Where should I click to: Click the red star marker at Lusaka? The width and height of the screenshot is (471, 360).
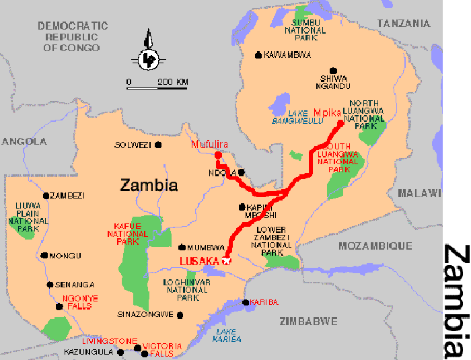coord(226,261)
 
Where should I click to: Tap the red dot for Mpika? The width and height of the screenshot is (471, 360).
coord(340,123)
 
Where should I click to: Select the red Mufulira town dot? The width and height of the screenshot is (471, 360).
coord(217,155)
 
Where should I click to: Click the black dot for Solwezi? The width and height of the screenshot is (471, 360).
coord(159,145)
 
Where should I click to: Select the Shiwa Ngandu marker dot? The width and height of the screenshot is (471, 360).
coord(333,70)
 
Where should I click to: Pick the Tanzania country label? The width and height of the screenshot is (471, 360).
coord(404,24)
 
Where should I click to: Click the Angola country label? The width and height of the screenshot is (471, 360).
coord(24,141)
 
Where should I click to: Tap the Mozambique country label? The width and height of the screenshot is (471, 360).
coord(375,246)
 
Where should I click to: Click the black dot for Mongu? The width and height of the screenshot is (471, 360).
coord(44,256)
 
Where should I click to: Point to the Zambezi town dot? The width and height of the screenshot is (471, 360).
coord(46,196)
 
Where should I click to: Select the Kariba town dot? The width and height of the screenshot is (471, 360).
coord(246,303)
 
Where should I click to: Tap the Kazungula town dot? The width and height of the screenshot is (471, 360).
coord(120,352)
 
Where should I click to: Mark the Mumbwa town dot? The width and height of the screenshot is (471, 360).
coord(182,247)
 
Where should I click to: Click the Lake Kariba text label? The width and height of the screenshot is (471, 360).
coord(229,334)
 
